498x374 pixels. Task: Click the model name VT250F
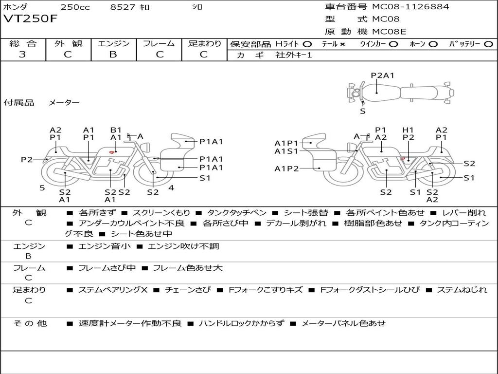pyautogui.click(x=30, y=19)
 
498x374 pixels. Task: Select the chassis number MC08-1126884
pyautogui.click(x=410, y=6)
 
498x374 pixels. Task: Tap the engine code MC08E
pyautogui.click(x=389, y=32)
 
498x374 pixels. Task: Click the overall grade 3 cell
pyautogui.click(x=22, y=55)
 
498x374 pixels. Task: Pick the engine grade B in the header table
pyautogui.click(x=113, y=55)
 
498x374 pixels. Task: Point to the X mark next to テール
pyautogui.click(x=342, y=44)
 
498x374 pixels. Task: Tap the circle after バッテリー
pyautogui.click(x=488, y=44)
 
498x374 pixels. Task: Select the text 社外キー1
pyautogui.click(x=294, y=55)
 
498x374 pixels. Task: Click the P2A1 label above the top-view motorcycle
pyautogui.click(x=382, y=75)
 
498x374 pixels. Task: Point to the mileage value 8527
pyautogui.click(x=123, y=7)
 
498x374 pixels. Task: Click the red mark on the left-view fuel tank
pyautogui.click(x=111, y=152)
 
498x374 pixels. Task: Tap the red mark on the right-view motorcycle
pyautogui.click(x=403, y=158)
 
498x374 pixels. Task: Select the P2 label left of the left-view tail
pyautogui.click(x=27, y=159)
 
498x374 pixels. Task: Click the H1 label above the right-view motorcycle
pyautogui.click(x=408, y=130)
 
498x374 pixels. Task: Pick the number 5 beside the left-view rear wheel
pyautogui.click(x=42, y=188)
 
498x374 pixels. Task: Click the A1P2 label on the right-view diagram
pyautogui.click(x=286, y=168)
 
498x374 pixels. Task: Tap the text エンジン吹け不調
pyautogui.click(x=183, y=246)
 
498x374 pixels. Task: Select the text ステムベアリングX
pyautogui.click(x=113, y=290)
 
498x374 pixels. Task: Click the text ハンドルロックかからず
pyautogui.click(x=241, y=323)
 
